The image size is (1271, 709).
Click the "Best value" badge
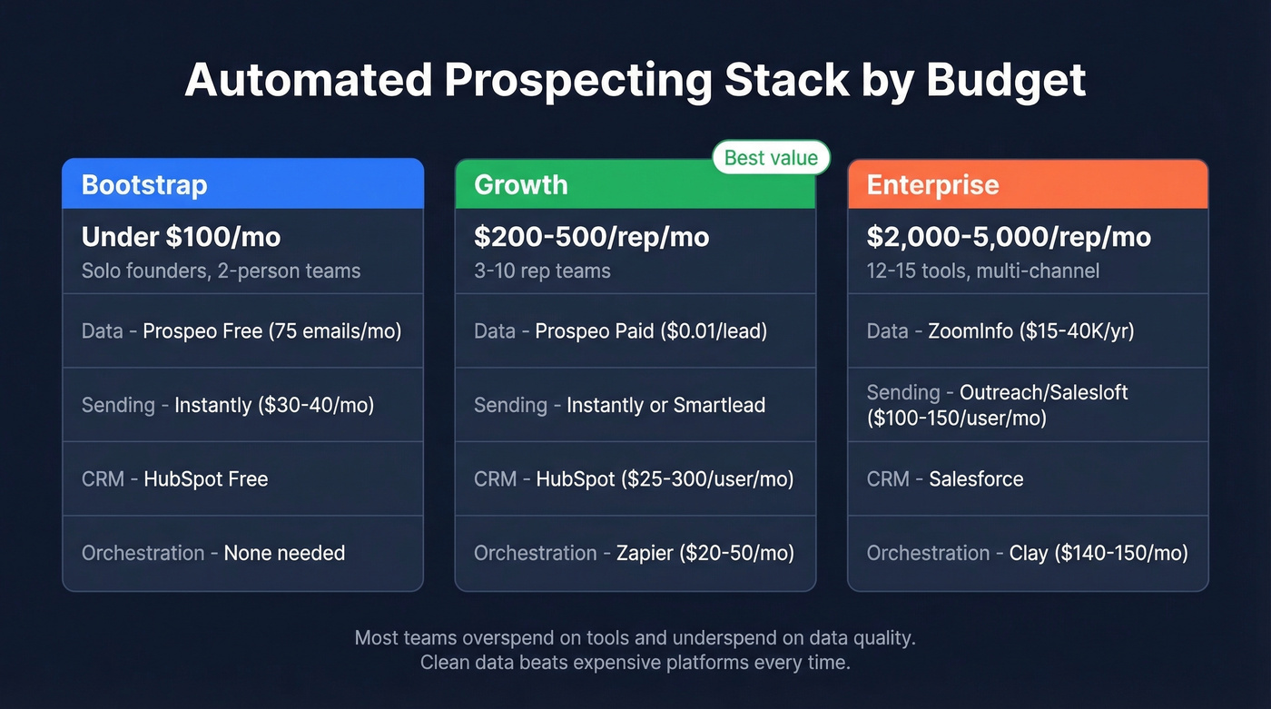click(771, 158)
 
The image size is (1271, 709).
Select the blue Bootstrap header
click(242, 184)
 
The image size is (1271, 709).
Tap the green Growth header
click(635, 185)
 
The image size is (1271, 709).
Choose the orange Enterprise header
click(1027, 184)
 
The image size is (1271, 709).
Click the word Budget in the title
click(1006, 81)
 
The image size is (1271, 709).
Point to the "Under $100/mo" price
click(181, 238)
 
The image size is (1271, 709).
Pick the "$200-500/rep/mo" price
click(591, 238)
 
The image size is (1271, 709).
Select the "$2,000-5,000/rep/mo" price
click(1009, 238)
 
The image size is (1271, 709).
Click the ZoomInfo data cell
click(1027, 331)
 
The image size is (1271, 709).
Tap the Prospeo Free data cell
click(242, 331)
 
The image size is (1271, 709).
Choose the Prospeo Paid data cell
click(635, 331)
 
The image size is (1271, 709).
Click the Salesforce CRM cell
click(1027, 479)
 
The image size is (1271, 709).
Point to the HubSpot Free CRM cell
click(242, 479)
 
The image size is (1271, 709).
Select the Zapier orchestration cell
click(635, 553)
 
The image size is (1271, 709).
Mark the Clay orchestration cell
click(1027, 553)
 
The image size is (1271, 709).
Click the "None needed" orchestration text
click(284, 553)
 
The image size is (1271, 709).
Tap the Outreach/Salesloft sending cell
click(1027, 405)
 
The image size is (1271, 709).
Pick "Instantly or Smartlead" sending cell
click(635, 405)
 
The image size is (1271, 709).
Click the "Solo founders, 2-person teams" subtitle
click(221, 271)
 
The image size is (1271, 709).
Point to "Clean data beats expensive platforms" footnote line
click(635, 663)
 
